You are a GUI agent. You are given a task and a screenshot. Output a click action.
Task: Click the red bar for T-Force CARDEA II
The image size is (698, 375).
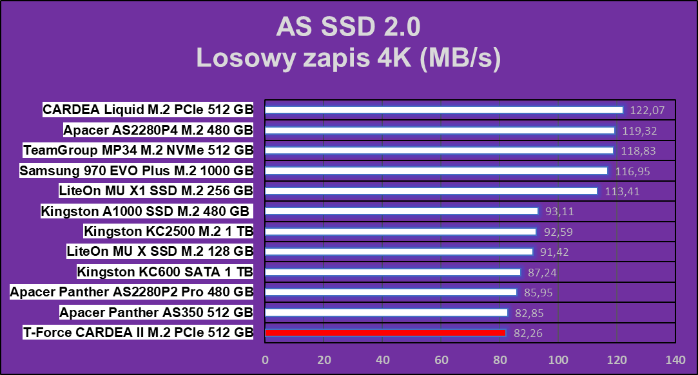click(385, 332)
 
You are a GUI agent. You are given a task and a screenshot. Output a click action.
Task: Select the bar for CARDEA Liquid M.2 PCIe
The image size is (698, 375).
click(444, 110)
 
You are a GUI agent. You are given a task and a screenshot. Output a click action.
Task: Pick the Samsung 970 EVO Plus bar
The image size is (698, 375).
click(436, 171)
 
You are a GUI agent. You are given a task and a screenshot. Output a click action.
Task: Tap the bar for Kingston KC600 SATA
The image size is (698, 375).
click(393, 272)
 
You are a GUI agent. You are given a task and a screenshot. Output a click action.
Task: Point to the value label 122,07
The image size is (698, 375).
click(647, 110)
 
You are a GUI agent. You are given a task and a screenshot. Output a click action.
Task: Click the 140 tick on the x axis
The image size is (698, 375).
click(675, 360)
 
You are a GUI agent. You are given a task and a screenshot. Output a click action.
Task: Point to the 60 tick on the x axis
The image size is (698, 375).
click(441, 360)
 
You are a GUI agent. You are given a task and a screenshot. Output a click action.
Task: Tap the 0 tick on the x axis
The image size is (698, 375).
click(265, 360)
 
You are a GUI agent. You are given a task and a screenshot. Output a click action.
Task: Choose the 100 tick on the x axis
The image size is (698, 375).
click(558, 360)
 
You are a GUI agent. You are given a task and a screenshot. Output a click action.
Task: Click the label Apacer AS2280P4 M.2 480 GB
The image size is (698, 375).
click(158, 130)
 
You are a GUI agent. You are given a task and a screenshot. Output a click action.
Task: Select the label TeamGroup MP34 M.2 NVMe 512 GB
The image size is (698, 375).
click(138, 150)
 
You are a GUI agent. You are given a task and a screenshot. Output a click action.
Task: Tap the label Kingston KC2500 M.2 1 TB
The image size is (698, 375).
click(168, 231)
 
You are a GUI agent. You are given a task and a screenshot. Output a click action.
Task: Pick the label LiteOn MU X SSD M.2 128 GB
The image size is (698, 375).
click(160, 251)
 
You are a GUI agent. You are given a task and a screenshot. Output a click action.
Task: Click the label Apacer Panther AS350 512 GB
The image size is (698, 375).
click(156, 312)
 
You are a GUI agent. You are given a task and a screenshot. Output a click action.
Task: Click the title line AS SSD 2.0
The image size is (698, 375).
click(348, 27)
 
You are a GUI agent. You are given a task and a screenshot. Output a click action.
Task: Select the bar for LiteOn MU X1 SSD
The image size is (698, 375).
click(431, 191)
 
